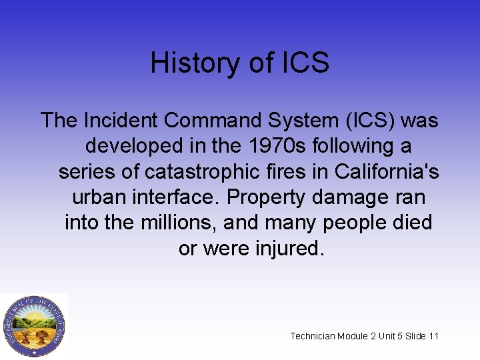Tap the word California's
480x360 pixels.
pos(387,171)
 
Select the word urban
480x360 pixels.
pos(101,197)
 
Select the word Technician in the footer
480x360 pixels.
pos(313,336)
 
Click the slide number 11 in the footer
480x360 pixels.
pos(433,336)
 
